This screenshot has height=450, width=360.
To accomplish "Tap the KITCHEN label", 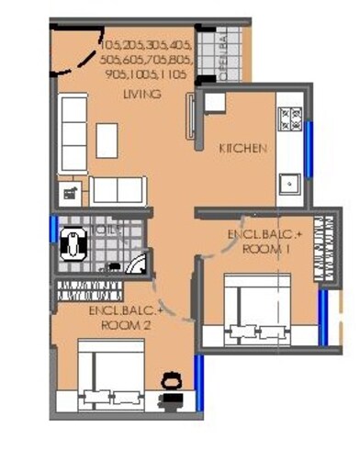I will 242,148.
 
